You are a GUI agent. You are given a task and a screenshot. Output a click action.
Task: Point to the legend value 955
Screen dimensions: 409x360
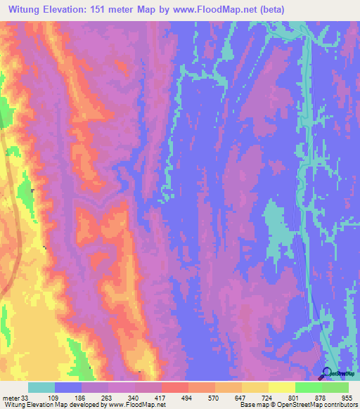click(x=347, y=397)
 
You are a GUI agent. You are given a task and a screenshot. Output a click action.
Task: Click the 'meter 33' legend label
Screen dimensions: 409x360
click(x=14, y=397)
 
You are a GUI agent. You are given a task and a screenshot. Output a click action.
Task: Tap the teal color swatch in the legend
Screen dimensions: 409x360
click(x=41, y=387)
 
